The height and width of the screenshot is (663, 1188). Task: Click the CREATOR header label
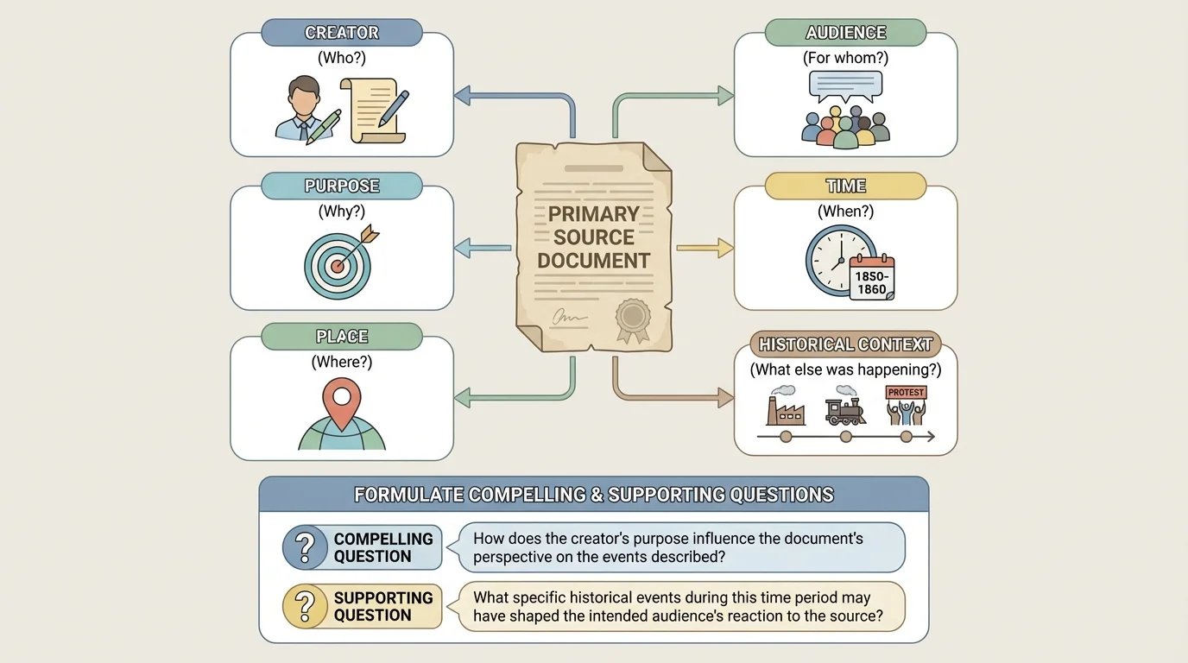(x=342, y=33)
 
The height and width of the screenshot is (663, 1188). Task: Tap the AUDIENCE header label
(x=845, y=33)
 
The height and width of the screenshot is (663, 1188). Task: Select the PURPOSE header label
(x=342, y=186)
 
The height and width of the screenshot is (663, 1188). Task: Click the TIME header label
(x=845, y=186)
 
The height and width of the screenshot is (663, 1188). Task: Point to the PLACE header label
(x=342, y=336)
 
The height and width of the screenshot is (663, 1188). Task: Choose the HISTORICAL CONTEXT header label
(x=845, y=344)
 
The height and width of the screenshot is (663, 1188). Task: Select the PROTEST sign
(x=906, y=392)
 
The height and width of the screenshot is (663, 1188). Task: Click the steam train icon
(x=845, y=412)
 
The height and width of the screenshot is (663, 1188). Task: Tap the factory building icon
(x=786, y=409)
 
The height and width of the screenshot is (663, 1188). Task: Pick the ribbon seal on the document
(x=633, y=318)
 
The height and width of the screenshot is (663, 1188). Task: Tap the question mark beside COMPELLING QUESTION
(x=304, y=547)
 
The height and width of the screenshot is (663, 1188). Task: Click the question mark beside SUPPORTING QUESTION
(x=304, y=606)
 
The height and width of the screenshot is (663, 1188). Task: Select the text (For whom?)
(x=845, y=59)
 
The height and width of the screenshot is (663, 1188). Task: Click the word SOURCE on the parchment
(x=594, y=237)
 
